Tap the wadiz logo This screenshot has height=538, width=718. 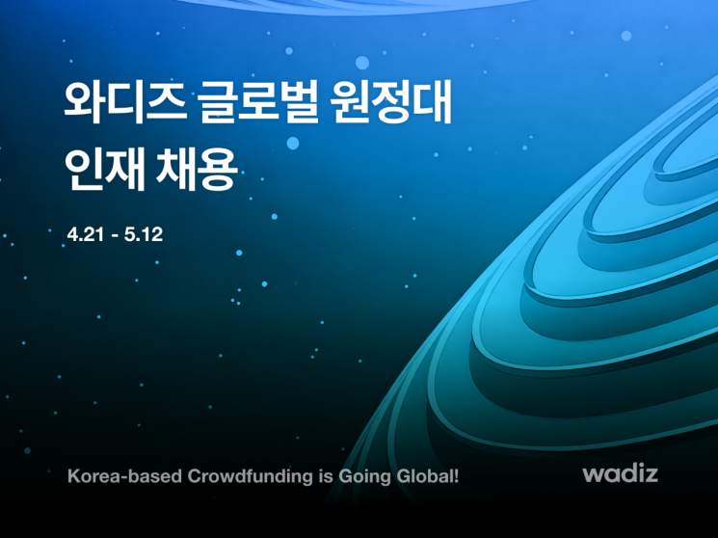tap(619, 474)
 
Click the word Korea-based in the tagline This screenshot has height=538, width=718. tap(112, 475)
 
